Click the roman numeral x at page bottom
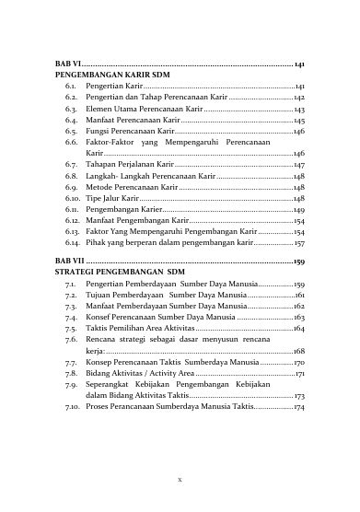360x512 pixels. [180, 481]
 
